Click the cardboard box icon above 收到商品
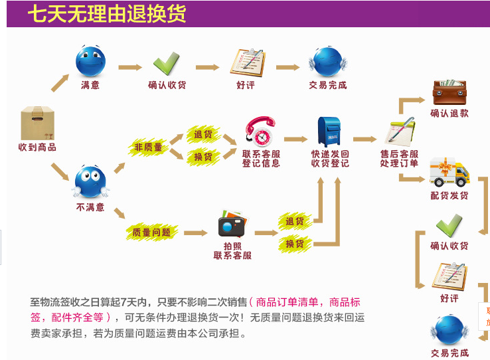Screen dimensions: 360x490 tap(37, 123)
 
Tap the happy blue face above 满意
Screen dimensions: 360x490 tap(91, 61)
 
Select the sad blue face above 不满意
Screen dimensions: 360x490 tap(90, 182)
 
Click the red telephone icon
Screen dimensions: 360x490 tap(259, 132)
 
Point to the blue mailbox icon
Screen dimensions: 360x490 tap(329, 131)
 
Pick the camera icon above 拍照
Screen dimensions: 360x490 tap(232, 225)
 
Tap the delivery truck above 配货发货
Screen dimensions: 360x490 tap(449, 173)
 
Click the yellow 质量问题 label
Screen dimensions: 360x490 tap(151, 232)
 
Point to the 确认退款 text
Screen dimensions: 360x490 tap(449, 114)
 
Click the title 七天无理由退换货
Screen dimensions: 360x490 tap(107, 14)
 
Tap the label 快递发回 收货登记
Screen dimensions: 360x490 tap(330, 158)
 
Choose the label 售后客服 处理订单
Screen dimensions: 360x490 tap(399, 158)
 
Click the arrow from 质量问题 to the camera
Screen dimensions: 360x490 tap(196, 233)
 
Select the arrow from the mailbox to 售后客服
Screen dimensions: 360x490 tap(365, 139)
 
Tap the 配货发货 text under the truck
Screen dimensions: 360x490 tap(449, 196)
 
